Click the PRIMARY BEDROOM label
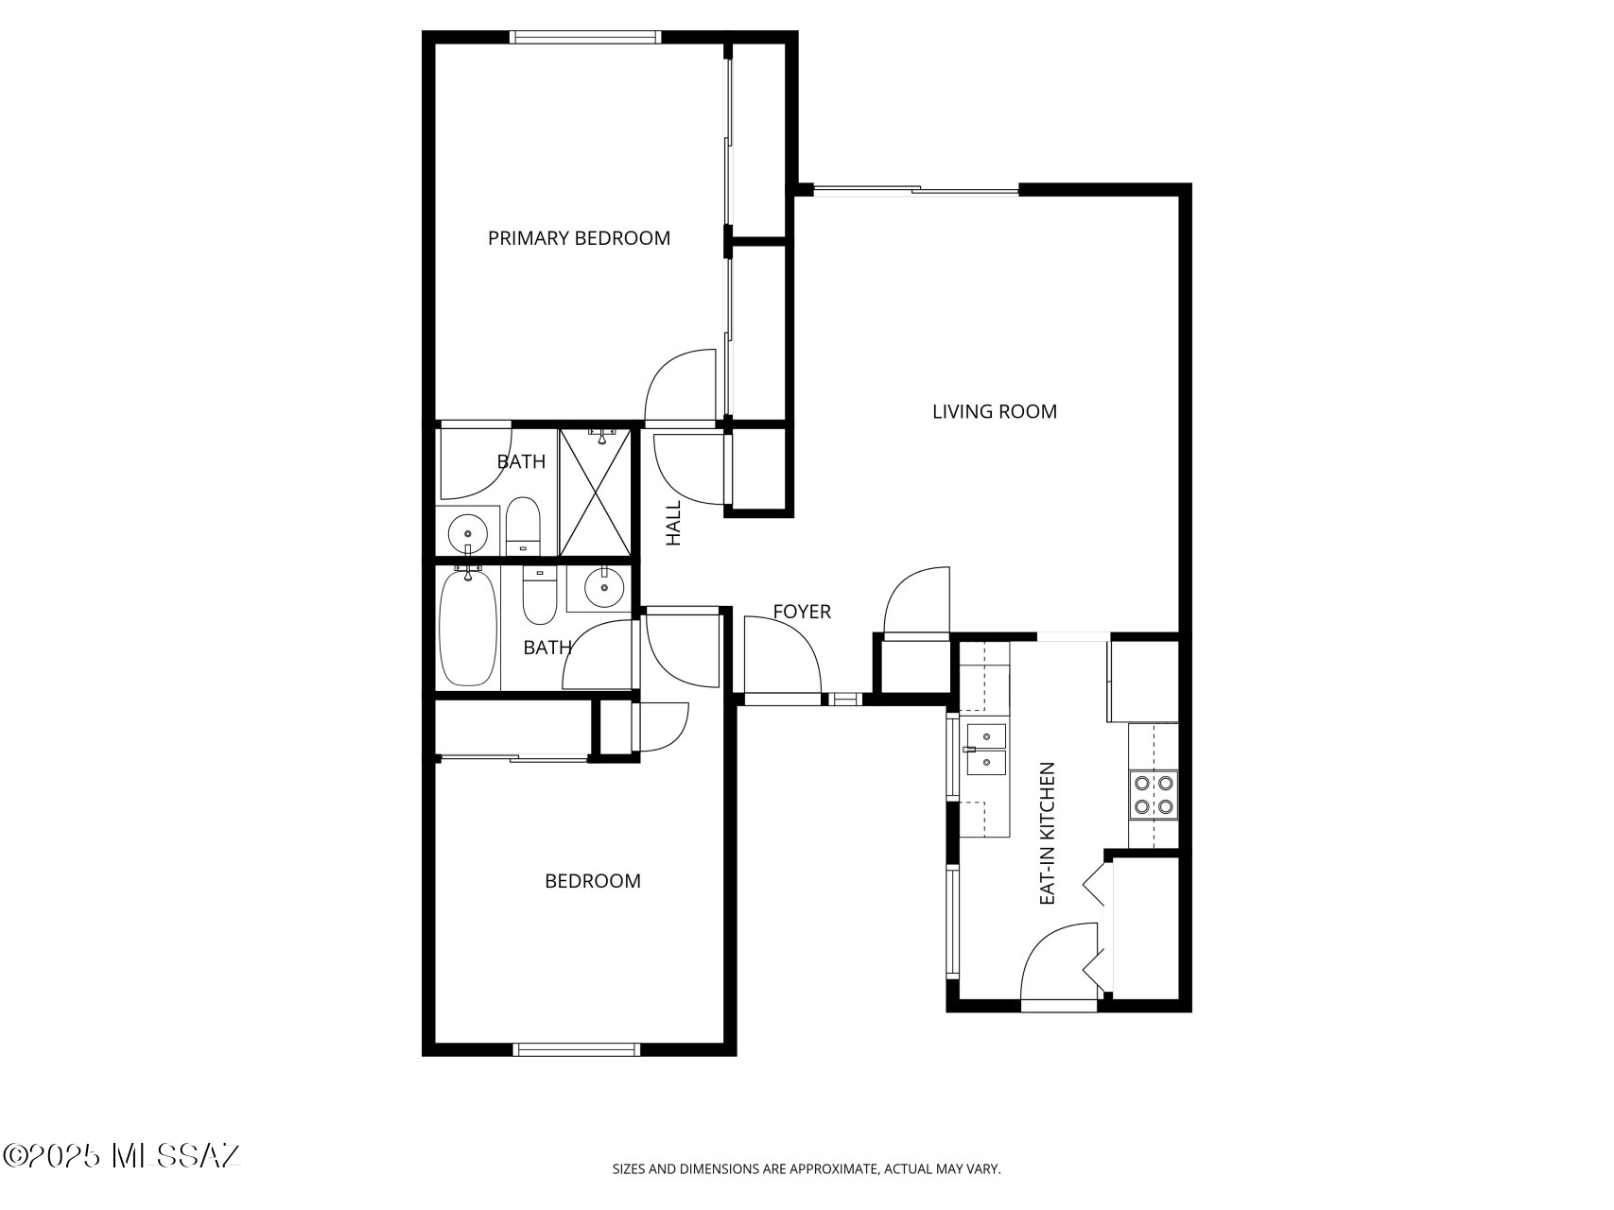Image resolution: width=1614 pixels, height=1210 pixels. (x=579, y=238)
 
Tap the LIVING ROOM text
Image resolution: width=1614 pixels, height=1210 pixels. (x=995, y=411)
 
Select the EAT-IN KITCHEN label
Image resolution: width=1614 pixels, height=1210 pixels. (x=1047, y=834)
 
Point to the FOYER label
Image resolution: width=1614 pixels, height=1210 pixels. (x=802, y=612)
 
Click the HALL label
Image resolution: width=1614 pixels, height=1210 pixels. (x=673, y=523)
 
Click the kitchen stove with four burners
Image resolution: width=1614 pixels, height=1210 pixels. (x=1154, y=795)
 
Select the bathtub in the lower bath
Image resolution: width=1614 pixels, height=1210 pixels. (x=468, y=627)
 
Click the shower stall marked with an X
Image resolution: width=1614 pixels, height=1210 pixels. (x=595, y=492)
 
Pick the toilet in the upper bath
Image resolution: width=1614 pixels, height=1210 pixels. (x=523, y=527)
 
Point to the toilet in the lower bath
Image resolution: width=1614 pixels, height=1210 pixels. (x=540, y=596)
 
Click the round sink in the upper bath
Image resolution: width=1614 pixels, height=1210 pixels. (x=466, y=532)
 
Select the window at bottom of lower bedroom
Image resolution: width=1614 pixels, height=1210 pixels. (x=576, y=1049)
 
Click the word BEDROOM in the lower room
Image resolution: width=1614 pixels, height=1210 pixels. (x=593, y=881)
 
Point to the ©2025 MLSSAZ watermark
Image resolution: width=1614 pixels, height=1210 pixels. (x=123, y=1155)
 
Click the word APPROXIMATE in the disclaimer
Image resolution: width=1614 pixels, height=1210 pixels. (x=832, y=1169)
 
